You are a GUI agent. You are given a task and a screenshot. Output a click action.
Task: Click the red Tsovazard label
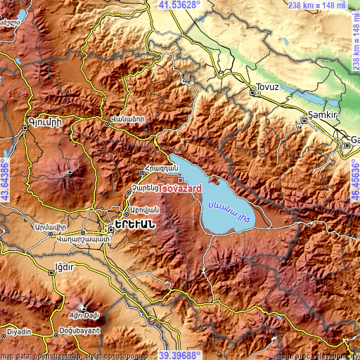pos(181,189)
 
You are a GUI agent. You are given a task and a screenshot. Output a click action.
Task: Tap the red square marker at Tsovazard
pos(180,180)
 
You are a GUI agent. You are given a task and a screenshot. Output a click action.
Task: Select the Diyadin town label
pos(19,330)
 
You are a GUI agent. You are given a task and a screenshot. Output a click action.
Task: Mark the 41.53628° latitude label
pos(179,5)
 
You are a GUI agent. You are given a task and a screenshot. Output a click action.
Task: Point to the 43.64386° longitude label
pos(5,179)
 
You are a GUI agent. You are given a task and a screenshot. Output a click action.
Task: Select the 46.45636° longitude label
pos(354,179)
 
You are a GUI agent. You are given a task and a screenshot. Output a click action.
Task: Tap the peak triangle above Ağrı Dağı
pos(84,307)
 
